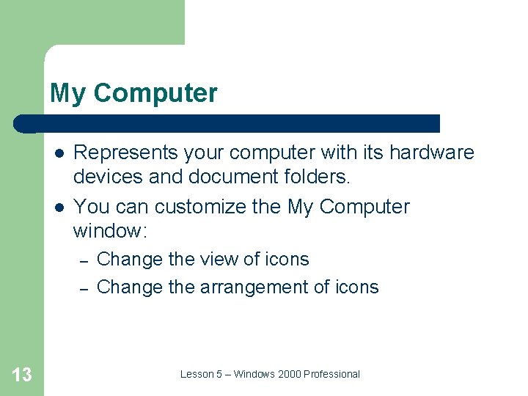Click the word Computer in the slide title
pyautogui.click(x=155, y=94)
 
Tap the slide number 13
pyautogui.click(x=22, y=375)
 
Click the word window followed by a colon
pyautogui.click(x=110, y=232)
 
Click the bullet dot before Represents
pyautogui.click(x=57, y=153)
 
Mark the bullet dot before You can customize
pyautogui.click(x=57, y=207)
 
